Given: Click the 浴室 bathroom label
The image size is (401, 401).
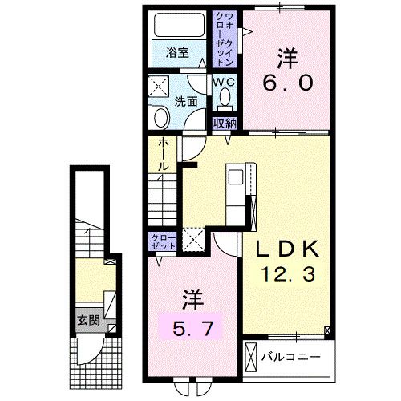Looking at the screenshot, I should tap(177, 54).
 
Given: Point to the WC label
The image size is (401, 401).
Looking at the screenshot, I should tap(223, 81).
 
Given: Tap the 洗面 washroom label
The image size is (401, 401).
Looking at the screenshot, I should tap(186, 102).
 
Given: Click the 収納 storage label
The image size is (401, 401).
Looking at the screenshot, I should tap(225, 123).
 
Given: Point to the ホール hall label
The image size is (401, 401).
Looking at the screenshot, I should tap(163, 153).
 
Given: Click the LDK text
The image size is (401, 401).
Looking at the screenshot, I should tap(289, 249).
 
